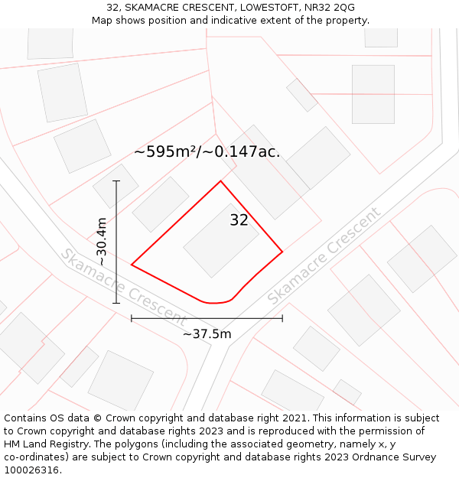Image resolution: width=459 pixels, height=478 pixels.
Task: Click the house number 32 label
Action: click(x=239, y=220)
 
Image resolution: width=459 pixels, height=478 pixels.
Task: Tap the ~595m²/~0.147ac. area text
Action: click(x=207, y=151)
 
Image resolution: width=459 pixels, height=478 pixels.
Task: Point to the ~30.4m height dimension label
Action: click(x=101, y=242)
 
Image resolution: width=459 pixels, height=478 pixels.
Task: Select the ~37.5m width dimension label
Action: click(x=207, y=333)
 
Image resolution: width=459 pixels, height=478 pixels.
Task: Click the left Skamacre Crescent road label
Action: click(x=122, y=286)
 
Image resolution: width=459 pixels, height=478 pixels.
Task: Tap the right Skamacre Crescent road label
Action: click(x=324, y=256)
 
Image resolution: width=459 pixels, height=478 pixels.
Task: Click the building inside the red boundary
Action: click(x=222, y=240)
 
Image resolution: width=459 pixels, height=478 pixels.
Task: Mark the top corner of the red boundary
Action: click(x=221, y=181)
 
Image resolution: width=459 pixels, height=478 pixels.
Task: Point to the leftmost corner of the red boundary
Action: click(x=132, y=265)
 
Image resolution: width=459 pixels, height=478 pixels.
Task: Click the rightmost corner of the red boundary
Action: click(x=282, y=251)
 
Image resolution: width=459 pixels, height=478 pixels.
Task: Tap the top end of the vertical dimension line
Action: click(x=116, y=181)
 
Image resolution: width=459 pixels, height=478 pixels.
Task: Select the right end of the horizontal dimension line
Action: click(x=282, y=318)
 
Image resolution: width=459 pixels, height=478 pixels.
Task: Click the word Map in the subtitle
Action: click(x=103, y=21)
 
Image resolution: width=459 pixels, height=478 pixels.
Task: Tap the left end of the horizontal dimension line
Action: click(x=132, y=318)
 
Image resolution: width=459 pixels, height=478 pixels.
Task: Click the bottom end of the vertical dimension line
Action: click(x=116, y=303)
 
